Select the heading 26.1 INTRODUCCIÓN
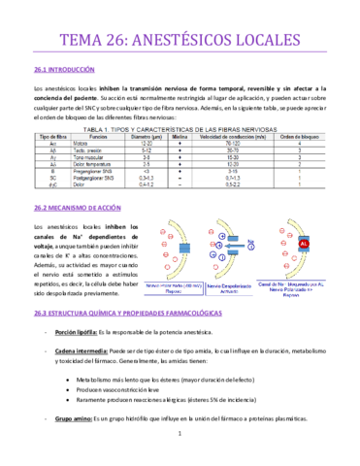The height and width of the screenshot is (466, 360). click(x=64, y=71)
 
